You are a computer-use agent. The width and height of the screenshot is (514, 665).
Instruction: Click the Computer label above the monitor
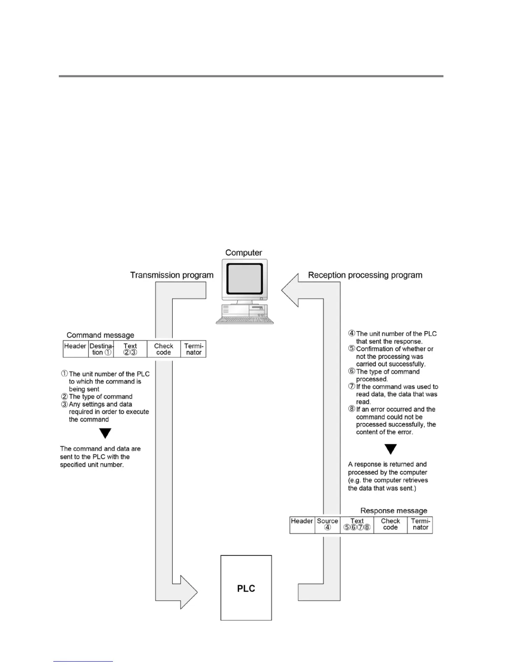point(244,253)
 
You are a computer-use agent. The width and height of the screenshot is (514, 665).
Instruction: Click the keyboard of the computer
point(244,319)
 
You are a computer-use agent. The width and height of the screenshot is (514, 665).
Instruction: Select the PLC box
point(246,588)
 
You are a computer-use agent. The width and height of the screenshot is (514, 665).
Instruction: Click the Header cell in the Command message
point(75,349)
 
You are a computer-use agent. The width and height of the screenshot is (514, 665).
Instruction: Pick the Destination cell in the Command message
point(101,349)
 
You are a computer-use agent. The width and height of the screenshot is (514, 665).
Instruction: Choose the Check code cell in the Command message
point(163,349)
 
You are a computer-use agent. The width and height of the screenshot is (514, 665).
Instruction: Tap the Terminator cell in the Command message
point(194,349)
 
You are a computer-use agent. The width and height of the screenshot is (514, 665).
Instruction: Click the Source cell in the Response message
point(328,524)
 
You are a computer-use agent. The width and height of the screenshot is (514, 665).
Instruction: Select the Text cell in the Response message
point(357,524)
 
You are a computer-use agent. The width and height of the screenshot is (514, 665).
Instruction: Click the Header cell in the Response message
point(302,524)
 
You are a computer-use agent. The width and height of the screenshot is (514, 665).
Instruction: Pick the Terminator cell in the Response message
point(420,524)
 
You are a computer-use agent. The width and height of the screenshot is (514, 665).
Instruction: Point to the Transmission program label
point(172,275)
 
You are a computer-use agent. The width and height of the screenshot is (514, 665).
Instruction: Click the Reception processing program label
point(365,275)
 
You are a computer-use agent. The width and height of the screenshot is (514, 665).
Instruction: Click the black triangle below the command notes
point(105,433)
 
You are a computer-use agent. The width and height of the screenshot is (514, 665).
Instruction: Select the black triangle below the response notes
point(391,449)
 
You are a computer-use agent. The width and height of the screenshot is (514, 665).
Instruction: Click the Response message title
point(393,511)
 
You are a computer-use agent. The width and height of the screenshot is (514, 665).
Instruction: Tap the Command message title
point(100,335)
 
